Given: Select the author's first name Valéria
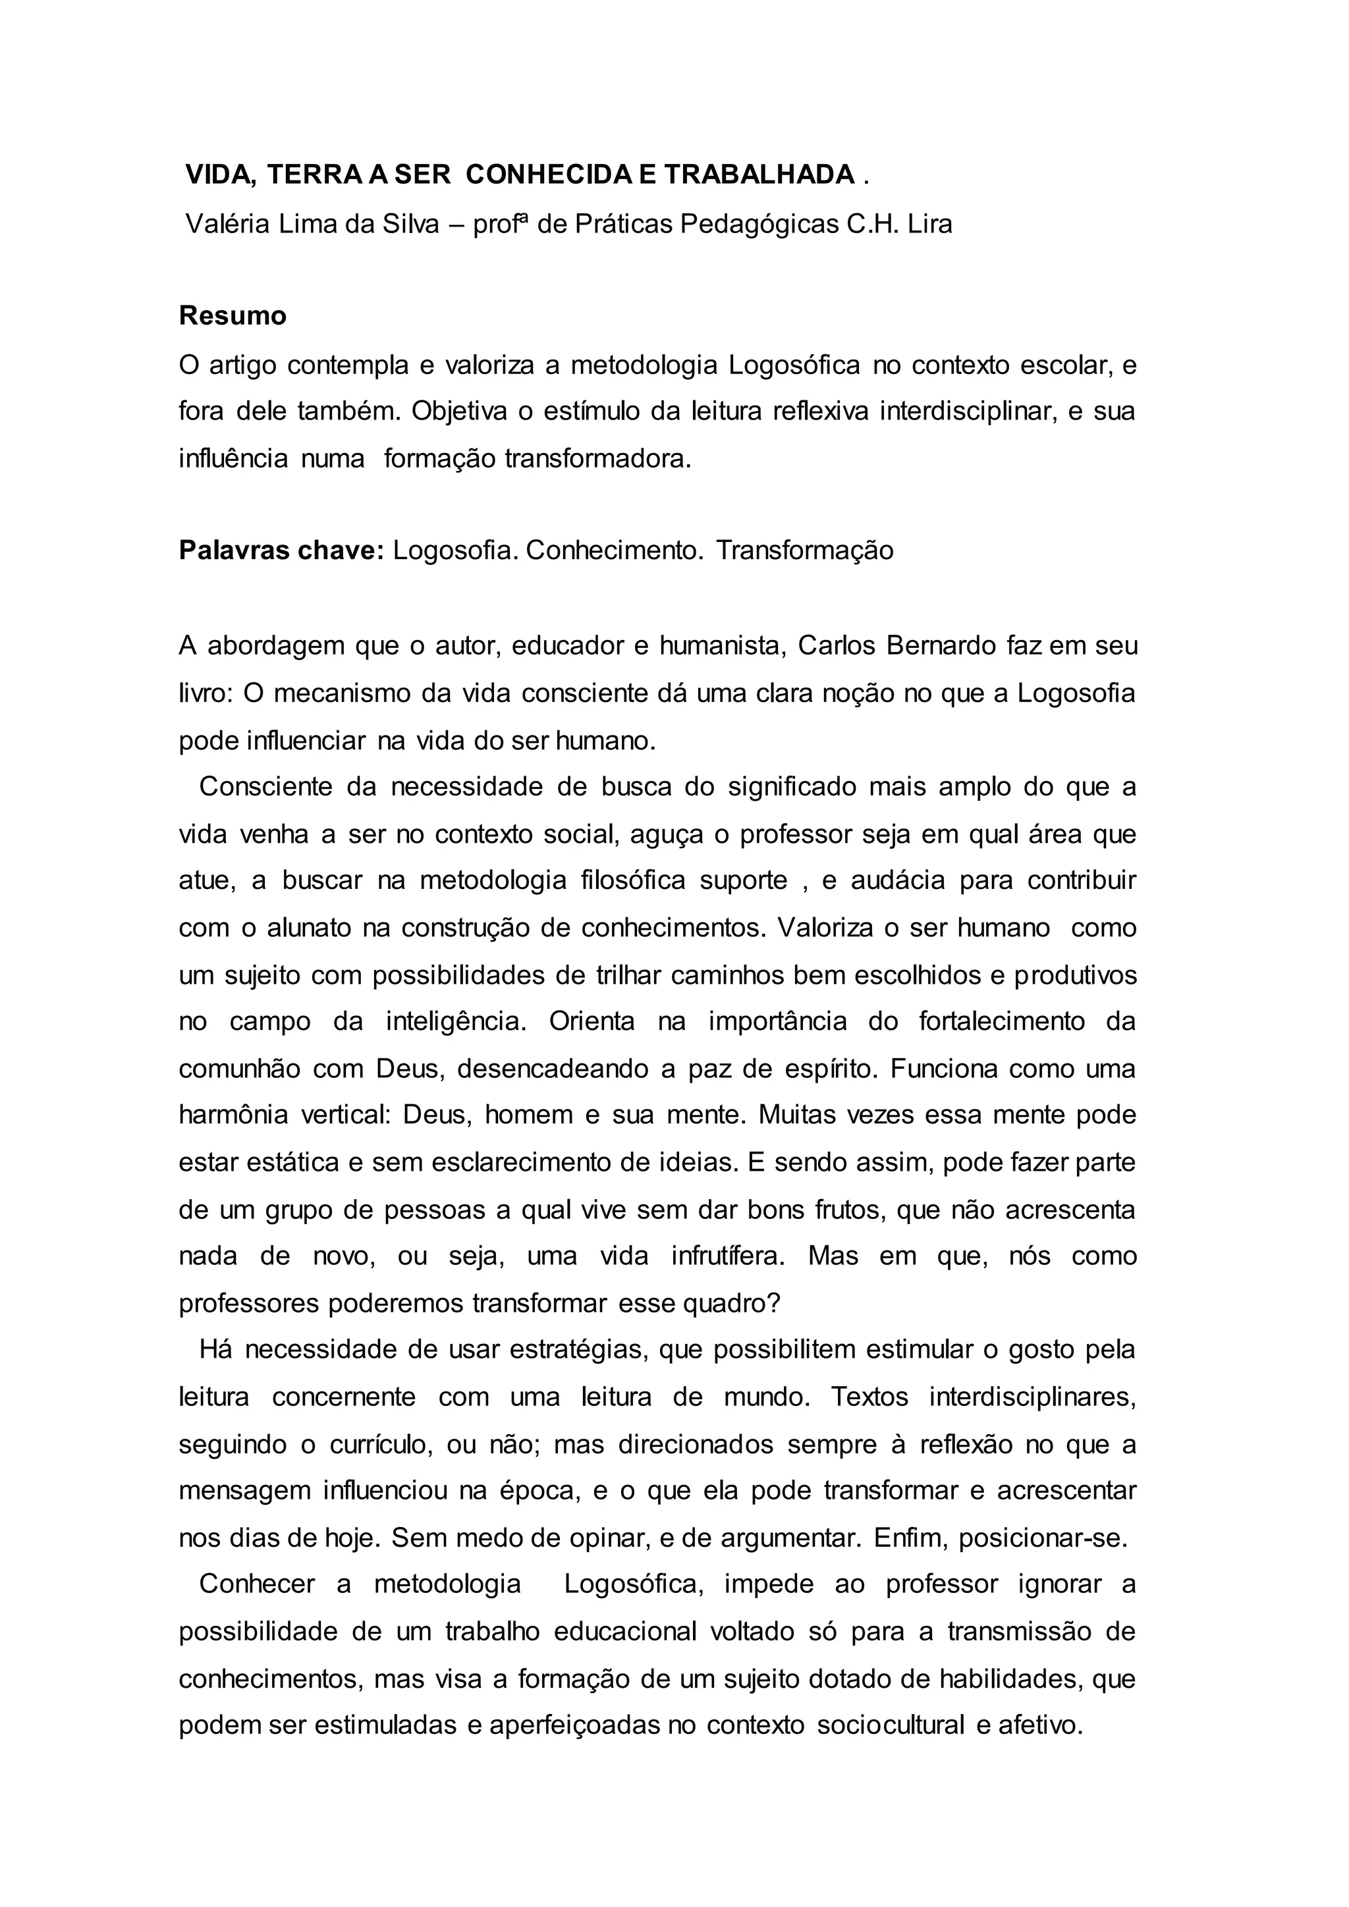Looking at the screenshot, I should click(x=227, y=225).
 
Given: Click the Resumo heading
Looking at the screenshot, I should click(x=233, y=315).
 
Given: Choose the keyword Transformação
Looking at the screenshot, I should click(x=804, y=551).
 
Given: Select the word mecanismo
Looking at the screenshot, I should click(x=341, y=693).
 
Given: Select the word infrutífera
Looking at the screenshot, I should click(x=727, y=1256).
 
